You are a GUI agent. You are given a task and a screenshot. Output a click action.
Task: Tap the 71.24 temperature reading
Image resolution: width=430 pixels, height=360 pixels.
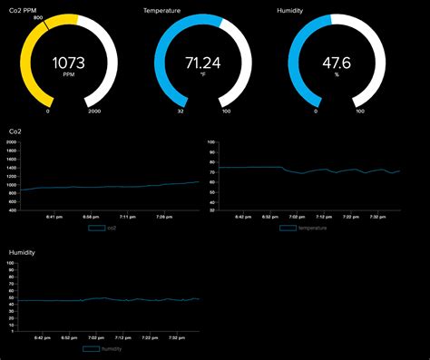(x=203, y=63)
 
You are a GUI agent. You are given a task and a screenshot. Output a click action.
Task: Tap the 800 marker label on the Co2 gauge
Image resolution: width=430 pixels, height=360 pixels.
(x=37, y=17)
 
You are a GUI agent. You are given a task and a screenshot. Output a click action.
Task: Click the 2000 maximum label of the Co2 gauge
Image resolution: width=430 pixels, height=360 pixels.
(x=94, y=112)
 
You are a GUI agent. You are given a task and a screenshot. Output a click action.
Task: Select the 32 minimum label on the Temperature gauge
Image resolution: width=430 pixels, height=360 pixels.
(x=180, y=112)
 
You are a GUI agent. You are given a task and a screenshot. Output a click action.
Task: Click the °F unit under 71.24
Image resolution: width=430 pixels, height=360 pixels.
(x=203, y=76)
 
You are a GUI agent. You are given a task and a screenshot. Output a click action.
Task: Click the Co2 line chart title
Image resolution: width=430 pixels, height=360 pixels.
(x=15, y=132)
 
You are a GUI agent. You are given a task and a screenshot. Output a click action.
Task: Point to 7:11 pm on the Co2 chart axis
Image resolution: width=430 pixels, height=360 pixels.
(x=126, y=218)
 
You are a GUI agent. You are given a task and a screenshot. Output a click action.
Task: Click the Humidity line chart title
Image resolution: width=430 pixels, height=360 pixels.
(x=22, y=252)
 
